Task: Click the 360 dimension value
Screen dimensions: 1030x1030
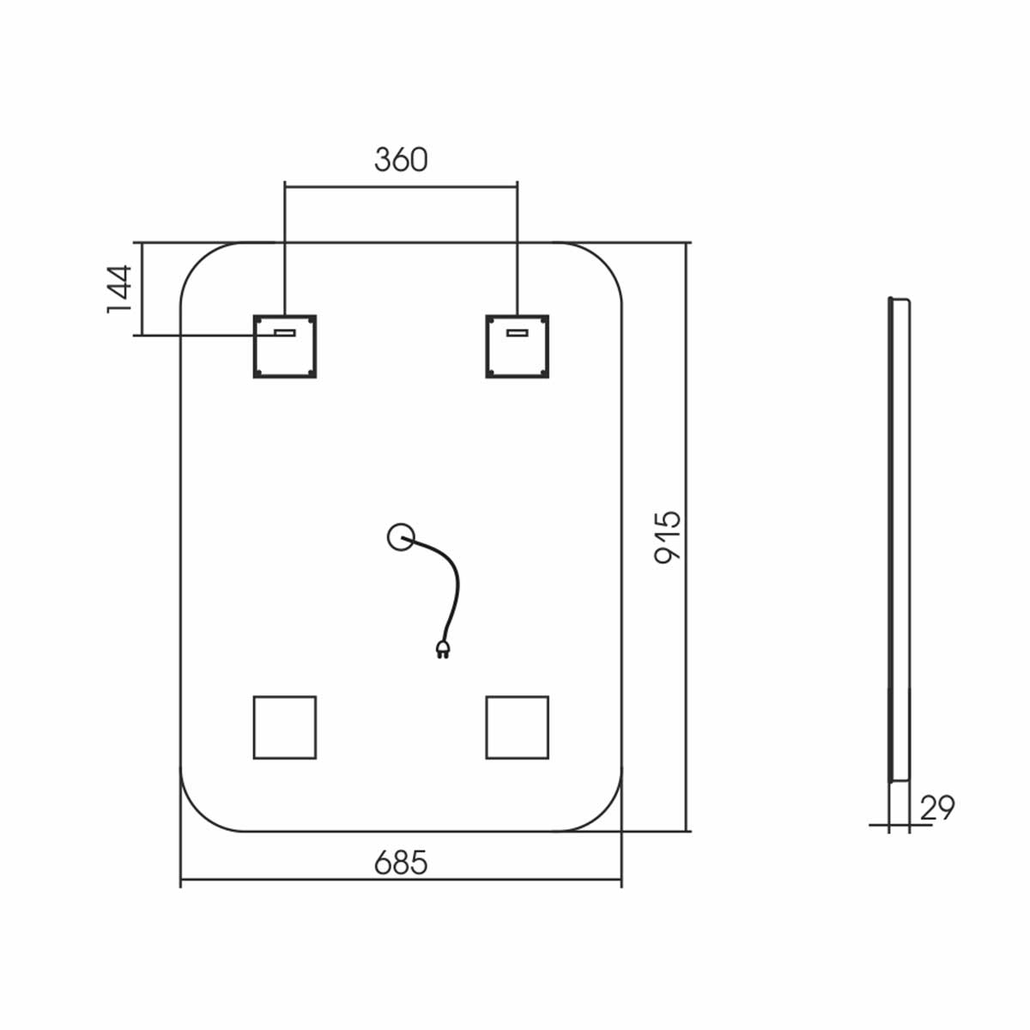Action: click(x=401, y=160)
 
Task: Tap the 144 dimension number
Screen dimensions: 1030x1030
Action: click(x=118, y=288)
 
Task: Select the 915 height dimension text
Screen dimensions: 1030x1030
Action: click(x=668, y=537)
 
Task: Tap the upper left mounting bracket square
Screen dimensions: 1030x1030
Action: click(x=285, y=347)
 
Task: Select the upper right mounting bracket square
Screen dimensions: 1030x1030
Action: click(x=518, y=347)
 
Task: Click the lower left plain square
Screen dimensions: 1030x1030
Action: click(x=285, y=728)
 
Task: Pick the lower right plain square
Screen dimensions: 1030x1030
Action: click(x=518, y=728)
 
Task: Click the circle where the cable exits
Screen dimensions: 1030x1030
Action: click(x=401, y=536)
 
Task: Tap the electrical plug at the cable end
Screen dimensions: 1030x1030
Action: click(x=443, y=649)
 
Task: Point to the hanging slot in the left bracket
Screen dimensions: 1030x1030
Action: click(x=285, y=333)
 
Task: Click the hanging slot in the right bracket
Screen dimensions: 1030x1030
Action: click(x=518, y=333)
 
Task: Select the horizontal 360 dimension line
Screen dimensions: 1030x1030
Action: click(x=401, y=187)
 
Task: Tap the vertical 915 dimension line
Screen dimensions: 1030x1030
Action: click(x=686, y=537)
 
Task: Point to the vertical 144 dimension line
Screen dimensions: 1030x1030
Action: click(x=142, y=288)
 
